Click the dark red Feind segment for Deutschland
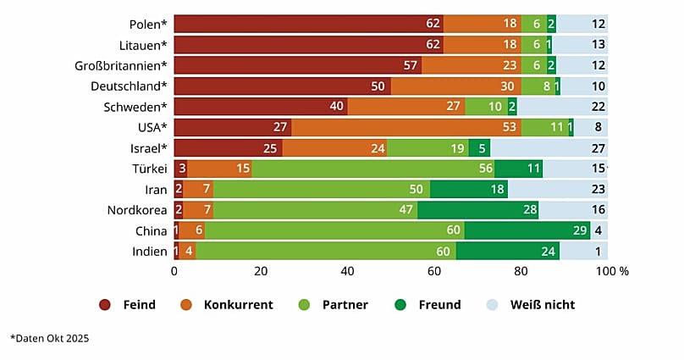[282, 86]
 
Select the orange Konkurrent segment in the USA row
[405, 127]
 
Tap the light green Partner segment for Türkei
[372, 169]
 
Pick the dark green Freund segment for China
[527, 230]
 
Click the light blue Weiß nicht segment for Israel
[549, 148]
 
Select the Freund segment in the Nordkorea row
[477, 210]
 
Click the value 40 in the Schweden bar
[338, 107]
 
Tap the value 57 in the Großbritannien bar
[411, 65]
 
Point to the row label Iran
[156, 190]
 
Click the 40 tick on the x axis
[347, 272]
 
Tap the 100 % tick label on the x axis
[612, 272]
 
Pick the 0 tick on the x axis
[174, 272]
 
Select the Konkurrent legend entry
[228, 304]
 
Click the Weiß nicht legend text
[543, 304]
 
